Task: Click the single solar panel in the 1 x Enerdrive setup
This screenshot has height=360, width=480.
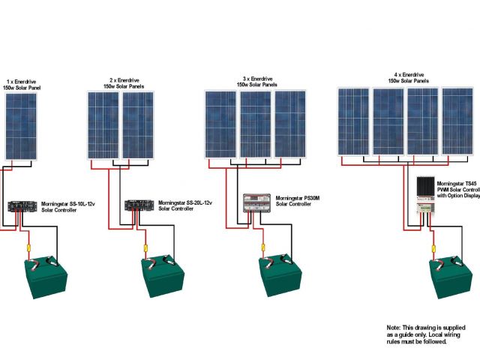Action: pos(21,125)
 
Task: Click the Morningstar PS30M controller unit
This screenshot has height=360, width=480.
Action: pos(256,203)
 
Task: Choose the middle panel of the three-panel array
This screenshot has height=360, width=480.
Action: pos(255,124)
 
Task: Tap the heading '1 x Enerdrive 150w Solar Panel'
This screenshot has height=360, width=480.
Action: pos(23,84)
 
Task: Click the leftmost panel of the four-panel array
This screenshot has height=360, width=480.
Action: pos(352,121)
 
